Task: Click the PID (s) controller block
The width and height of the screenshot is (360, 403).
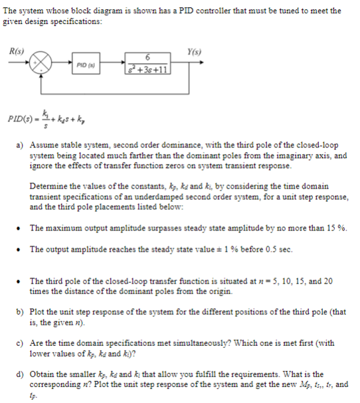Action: point(86,65)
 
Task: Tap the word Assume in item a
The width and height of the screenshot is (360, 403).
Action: point(45,143)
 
